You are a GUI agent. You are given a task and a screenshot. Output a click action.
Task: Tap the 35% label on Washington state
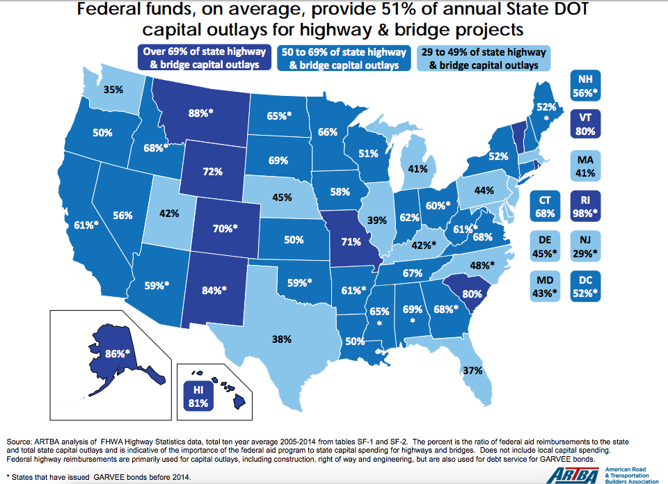pos(113,89)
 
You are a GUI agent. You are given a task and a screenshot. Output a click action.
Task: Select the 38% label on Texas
pos(282,340)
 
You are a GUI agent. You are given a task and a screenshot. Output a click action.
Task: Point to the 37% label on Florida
pos(472,370)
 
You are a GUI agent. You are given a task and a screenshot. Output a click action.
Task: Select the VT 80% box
pos(585,124)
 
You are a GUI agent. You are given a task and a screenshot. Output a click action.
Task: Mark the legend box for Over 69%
pos(205,58)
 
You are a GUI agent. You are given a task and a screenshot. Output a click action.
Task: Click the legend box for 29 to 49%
pos(484,58)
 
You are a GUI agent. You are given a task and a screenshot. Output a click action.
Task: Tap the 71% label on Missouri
pos(351,242)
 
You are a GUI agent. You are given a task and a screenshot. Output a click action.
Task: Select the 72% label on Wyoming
pos(212,170)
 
